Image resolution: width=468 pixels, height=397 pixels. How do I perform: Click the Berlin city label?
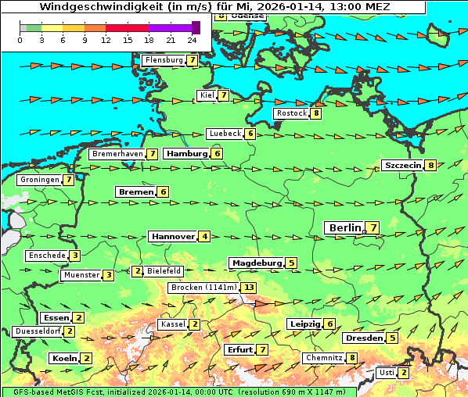click(344, 227)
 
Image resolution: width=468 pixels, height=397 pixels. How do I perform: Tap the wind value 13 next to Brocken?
click(249, 288)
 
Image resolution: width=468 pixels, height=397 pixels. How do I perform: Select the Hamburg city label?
click(185, 154)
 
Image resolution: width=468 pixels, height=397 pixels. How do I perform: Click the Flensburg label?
click(163, 60)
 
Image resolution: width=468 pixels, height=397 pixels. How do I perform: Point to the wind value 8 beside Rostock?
click(315, 113)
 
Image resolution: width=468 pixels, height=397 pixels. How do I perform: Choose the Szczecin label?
click(402, 165)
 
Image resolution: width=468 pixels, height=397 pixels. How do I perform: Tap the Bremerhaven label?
click(117, 154)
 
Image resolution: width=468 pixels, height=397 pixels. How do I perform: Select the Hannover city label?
click(172, 236)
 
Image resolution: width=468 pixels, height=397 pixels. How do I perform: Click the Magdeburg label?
click(256, 263)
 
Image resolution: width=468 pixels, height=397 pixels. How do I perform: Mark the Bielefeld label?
click(164, 271)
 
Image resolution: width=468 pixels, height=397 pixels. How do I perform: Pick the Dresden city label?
click(363, 338)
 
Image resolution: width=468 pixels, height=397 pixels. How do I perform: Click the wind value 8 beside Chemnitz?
click(352, 358)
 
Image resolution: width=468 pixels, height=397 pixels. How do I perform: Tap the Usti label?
click(386, 373)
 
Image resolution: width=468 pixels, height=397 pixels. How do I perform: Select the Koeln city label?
click(63, 358)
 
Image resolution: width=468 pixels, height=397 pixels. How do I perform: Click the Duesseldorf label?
click(38, 331)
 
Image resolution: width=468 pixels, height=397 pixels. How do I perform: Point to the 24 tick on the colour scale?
click(192, 40)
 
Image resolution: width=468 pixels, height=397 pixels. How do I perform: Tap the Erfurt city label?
click(239, 349)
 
